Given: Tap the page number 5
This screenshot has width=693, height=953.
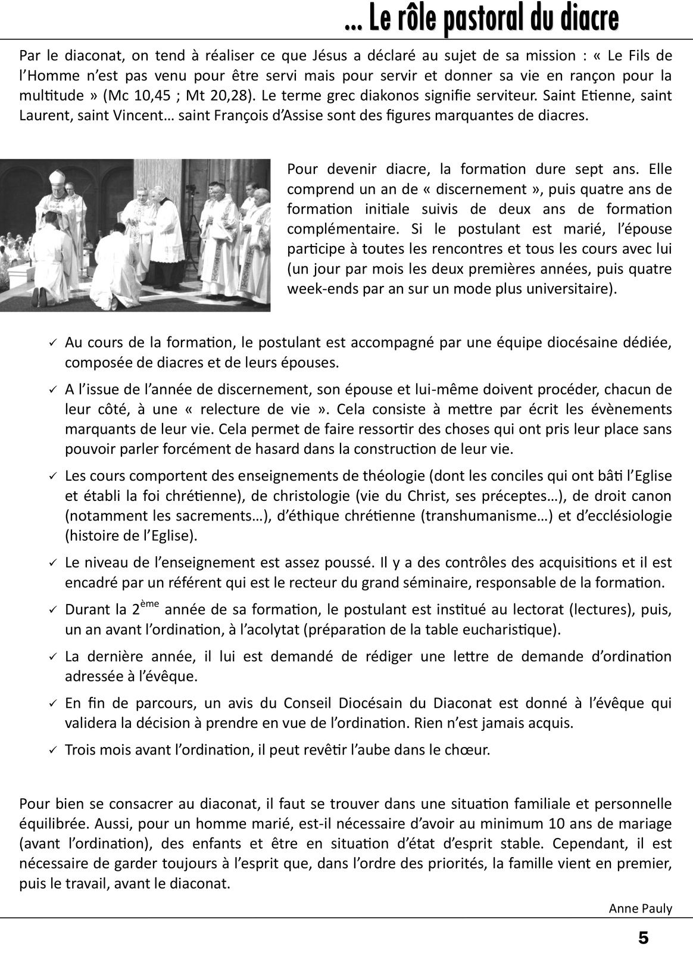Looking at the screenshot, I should pos(644,938).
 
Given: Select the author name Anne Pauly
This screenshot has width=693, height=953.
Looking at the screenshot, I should pos(640,908).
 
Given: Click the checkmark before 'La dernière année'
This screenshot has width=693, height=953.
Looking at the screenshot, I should pos(52,657).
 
